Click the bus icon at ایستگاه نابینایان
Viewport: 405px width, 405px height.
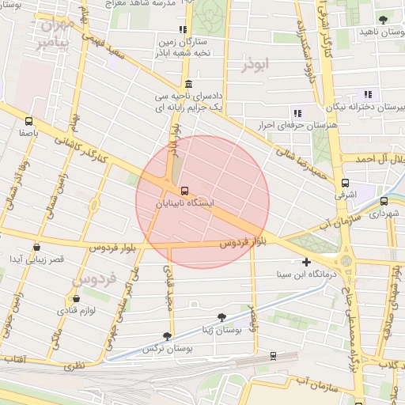[184, 191]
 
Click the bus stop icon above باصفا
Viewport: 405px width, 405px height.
[28, 122]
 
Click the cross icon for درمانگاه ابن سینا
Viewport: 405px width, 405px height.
[307, 262]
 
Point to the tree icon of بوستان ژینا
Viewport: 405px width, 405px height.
[221, 316]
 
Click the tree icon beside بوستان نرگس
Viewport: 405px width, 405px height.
[166, 336]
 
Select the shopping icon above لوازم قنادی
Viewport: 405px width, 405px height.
[76, 299]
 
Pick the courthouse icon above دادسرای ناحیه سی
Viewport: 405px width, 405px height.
[187, 84]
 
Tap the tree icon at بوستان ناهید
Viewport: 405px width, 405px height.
[383, 18]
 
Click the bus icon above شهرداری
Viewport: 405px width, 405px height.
[384, 201]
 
